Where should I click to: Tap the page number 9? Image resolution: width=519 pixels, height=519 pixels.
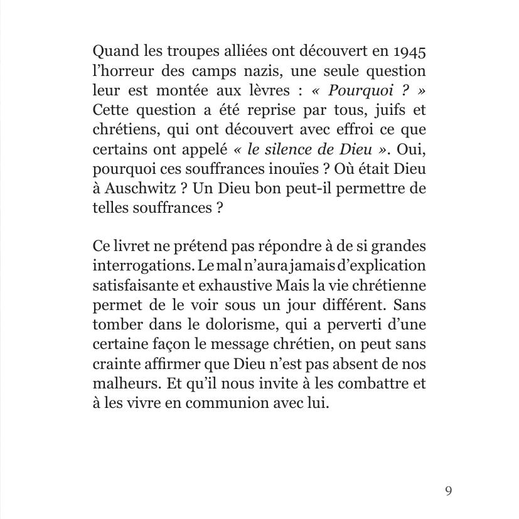pos(448,491)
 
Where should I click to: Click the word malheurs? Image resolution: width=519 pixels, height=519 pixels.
pos(119,383)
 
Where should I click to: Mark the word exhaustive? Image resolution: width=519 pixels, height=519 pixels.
pos(236,286)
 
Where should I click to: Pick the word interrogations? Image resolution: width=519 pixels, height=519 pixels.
pos(142,266)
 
